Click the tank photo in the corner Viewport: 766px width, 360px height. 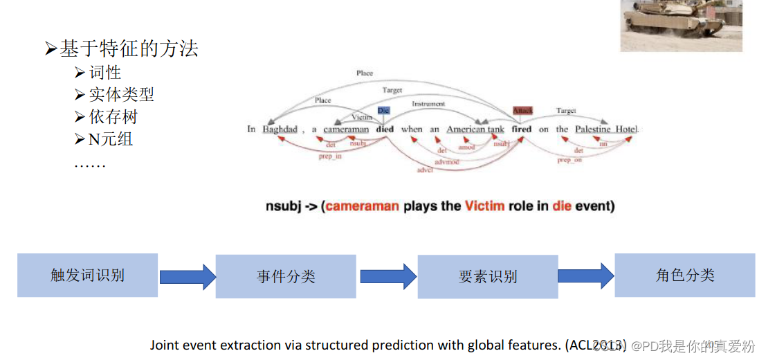[681, 26]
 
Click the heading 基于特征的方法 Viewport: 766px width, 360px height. [129, 48]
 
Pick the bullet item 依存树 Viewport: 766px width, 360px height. [113, 116]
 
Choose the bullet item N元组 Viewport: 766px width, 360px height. [111, 138]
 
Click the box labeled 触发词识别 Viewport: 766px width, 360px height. [87, 275]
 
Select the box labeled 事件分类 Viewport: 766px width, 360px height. [286, 276]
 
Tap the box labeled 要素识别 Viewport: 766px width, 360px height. [488, 276]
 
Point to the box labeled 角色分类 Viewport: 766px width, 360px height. [685, 275]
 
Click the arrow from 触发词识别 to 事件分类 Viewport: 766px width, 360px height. [188, 276]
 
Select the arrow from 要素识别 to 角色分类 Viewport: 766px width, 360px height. [586, 276]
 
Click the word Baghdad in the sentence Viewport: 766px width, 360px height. [280, 129]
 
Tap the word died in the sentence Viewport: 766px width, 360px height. [385, 129]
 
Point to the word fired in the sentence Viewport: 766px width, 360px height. [522, 129]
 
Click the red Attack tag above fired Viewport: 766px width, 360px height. [522, 111]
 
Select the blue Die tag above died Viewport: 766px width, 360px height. [384, 111]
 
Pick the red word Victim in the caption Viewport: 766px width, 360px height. [484, 206]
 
